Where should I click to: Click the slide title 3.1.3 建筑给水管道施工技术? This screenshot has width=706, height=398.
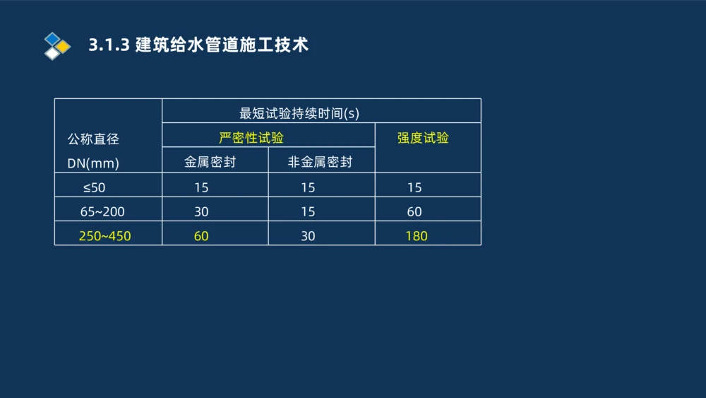[x=198, y=45]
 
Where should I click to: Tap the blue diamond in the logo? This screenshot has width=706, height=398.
[x=52, y=38]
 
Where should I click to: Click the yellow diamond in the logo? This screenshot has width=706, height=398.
[x=64, y=47]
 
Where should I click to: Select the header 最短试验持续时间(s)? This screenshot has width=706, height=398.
[x=299, y=112]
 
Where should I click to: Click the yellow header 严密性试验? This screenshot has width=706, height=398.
[x=251, y=137]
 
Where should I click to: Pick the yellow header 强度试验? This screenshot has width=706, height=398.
[x=423, y=138]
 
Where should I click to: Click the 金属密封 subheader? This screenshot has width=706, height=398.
[x=210, y=162]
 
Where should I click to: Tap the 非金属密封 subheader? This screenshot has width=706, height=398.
[x=320, y=162]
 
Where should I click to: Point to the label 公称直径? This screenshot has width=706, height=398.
[x=93, y=139]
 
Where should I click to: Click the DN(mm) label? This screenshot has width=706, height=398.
[x=93, y=163]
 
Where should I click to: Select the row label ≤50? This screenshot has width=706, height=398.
[x=94, y=187]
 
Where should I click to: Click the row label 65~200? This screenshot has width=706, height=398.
[x=102, y=211]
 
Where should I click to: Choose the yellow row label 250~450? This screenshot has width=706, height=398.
[x=104, y=236]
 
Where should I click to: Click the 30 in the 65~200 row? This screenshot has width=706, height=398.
[x=201, y=211]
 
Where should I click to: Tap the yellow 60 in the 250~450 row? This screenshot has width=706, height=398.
[x=201, y=236]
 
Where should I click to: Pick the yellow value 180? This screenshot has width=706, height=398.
[x=417, y=236]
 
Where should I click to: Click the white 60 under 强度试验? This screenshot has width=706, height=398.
[x=414, y=211]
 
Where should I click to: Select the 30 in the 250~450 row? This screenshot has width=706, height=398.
[x=308, y=236]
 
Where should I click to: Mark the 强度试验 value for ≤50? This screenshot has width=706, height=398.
[x=414, y=187]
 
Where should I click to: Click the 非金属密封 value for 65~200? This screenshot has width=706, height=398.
[x=308, y=211]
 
